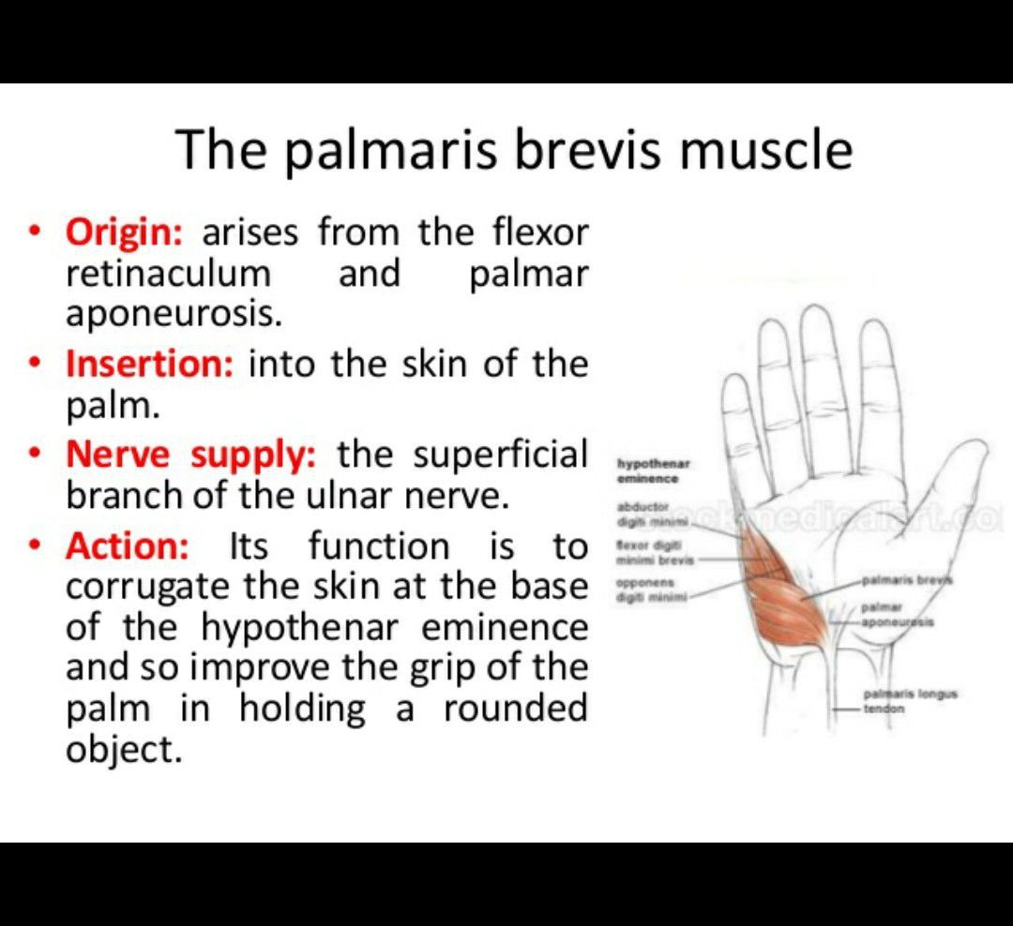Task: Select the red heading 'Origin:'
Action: click(x=122, y=231)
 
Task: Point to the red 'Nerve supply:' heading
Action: click(x=191, y=456)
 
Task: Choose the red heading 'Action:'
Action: click(x=127, y=545)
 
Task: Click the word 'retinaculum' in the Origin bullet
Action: click(x=168, y=274)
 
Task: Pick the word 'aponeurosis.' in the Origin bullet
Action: click(x=174, y=315)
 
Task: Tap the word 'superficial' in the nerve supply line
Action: click(x=502, y=456)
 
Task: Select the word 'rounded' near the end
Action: click(x=515, y=709)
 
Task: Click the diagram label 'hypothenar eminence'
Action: click(x=646, y=471)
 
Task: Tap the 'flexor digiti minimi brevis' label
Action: click(x=648, y=552)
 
